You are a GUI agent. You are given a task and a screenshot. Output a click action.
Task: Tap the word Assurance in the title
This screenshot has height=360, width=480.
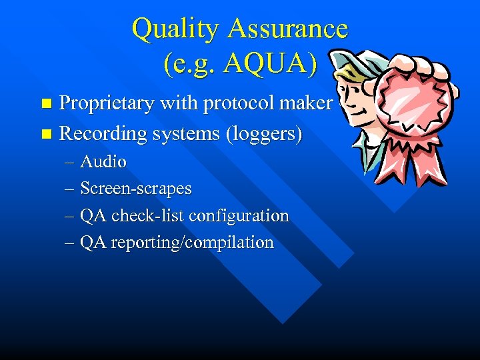click(287, 29)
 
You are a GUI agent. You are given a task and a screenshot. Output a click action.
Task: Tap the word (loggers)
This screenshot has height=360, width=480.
click(265, 133)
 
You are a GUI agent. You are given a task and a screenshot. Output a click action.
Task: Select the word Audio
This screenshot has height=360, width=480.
click(103, 162)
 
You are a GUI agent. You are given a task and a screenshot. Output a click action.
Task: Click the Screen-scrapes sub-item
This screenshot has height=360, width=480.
click(136, 189)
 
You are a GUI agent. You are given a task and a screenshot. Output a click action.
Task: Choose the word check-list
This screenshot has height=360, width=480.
click(149, 215)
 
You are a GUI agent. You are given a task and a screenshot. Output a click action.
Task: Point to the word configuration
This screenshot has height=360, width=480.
click(239, 216)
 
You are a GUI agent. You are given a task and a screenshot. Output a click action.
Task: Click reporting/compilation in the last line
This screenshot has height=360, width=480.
click(192, 243)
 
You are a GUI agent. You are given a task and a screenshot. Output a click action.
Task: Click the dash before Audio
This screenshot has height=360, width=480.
click(69, 163)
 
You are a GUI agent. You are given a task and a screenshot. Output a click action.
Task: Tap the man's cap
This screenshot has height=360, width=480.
click(350, 61)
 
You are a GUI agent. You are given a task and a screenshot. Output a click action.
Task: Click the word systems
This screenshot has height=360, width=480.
click(188, 133)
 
